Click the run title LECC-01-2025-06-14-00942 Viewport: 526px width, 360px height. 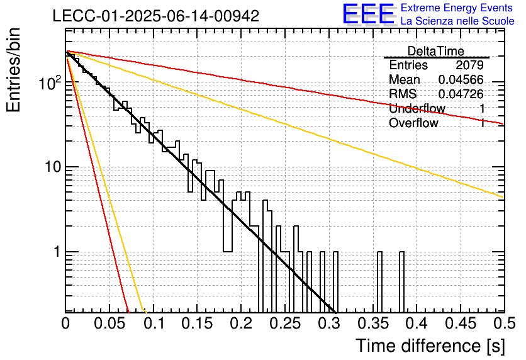click(x=156, y=16)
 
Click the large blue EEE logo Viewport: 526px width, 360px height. click(x=369, y=14)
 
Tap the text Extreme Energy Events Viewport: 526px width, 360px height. click(x=457, y=8)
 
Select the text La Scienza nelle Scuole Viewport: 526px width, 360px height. click(x=457, y=21)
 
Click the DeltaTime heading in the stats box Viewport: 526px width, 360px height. click(x=435, y=51)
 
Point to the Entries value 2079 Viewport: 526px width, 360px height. click(x=469, y=65)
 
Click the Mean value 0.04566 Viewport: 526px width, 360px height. click(x=461, y=79)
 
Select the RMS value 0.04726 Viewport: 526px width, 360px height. click(x=461, y=94)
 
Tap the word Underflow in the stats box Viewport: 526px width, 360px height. click(x=417, y=108)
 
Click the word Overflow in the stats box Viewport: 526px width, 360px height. click(x=413, y=123)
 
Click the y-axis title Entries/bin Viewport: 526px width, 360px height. click(x=13, y=70)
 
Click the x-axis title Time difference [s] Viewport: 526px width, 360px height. click(x=430, y=346)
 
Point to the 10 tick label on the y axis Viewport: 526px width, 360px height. click(x=53, y=167)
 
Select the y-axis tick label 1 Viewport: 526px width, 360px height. click(x=58, y=252)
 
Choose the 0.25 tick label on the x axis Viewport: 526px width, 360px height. click(x=285, y=323)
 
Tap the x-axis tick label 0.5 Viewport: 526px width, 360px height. click(x=504, y=323)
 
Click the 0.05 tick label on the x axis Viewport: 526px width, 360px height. click(x=109, y=323)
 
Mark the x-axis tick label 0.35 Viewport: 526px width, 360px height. click(x=373, y=323)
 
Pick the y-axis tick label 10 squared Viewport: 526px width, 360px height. click(x=50, y=82)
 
